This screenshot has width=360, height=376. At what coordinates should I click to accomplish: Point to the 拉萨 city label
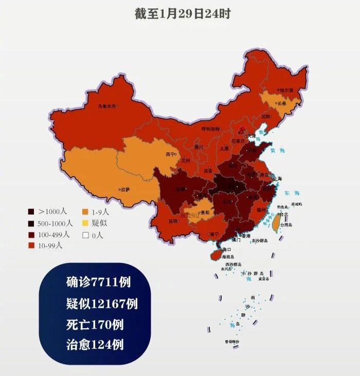tap(125, 189)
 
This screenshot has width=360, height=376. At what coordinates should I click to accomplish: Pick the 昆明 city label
tap(173, 221)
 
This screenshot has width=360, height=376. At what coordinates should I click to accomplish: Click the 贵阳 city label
tap(205, 212)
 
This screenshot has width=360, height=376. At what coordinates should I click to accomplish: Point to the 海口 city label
tap(227, 249)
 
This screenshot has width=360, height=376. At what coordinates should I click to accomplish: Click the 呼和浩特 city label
tap(210, 129)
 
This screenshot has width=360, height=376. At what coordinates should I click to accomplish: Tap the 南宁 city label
tap(214, 235)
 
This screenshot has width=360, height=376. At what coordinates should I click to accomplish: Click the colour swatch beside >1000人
tap(31, 211)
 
